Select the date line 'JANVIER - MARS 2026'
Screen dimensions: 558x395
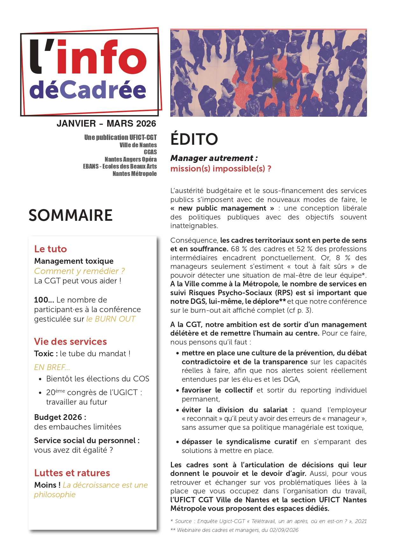pyautogui.click(x=106, y=123)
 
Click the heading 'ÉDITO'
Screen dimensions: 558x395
pyautogui.click(x=194, y=139)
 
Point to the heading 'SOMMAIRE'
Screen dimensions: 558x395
pyautogui.click(x=71, y=215)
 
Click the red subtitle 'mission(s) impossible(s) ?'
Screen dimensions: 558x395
pyautogui.click(x=221, y=169)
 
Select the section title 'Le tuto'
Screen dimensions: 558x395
pyautogui.click(x=51, y=249)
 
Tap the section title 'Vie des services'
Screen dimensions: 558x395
pyautogui.click(x=70, y=341)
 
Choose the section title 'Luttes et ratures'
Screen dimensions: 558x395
pyautogui.click(x=72, y=473)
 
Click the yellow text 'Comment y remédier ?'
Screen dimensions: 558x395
pyautogui.click(x=79, y=271)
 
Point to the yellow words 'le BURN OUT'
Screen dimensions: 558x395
pyautogui.click(x=111, y=319)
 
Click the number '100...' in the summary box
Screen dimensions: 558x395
pyautogui.click(x=44, y=300)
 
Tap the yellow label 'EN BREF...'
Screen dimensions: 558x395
pyautogui.click(x=52, y=367)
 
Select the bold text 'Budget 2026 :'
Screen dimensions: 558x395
pyautogui.click(x=60, y=417)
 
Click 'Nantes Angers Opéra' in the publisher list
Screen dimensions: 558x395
pyautogui.click(x=130, y=159)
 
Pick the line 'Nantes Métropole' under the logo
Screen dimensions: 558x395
pyautogui.click(x=135, y=173)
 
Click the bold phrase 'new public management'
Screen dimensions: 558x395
pyautogui.click(x=222, y=208)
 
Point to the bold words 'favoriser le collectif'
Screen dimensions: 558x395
pyautogui.click(x=217, y=390)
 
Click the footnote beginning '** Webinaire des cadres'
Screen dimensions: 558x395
pyautogui.click(x=234, y=530)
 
